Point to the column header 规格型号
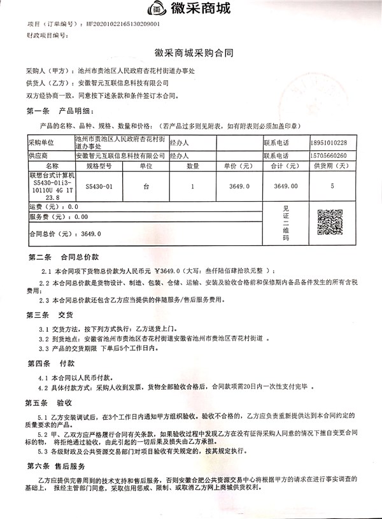coord(99,166)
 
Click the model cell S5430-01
coord(99,187)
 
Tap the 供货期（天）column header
coord(332,166)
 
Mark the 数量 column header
coord(192,166)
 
